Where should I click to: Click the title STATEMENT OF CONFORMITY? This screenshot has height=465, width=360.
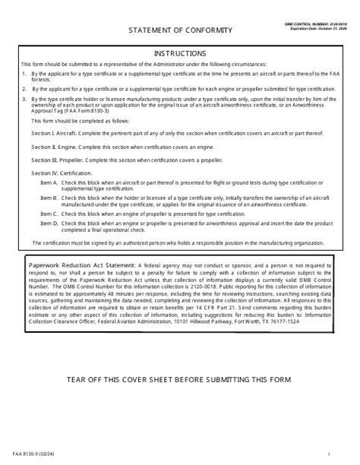pyautogui.click(x=180, y=30)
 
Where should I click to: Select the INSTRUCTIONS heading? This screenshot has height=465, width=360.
pyautogui.click(x=180, y=53)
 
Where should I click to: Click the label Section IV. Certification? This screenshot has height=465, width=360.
pyautogui.click(x=59, y=174)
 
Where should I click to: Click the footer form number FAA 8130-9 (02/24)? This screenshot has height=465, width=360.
pyautogui.click(x=28, y=454)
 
